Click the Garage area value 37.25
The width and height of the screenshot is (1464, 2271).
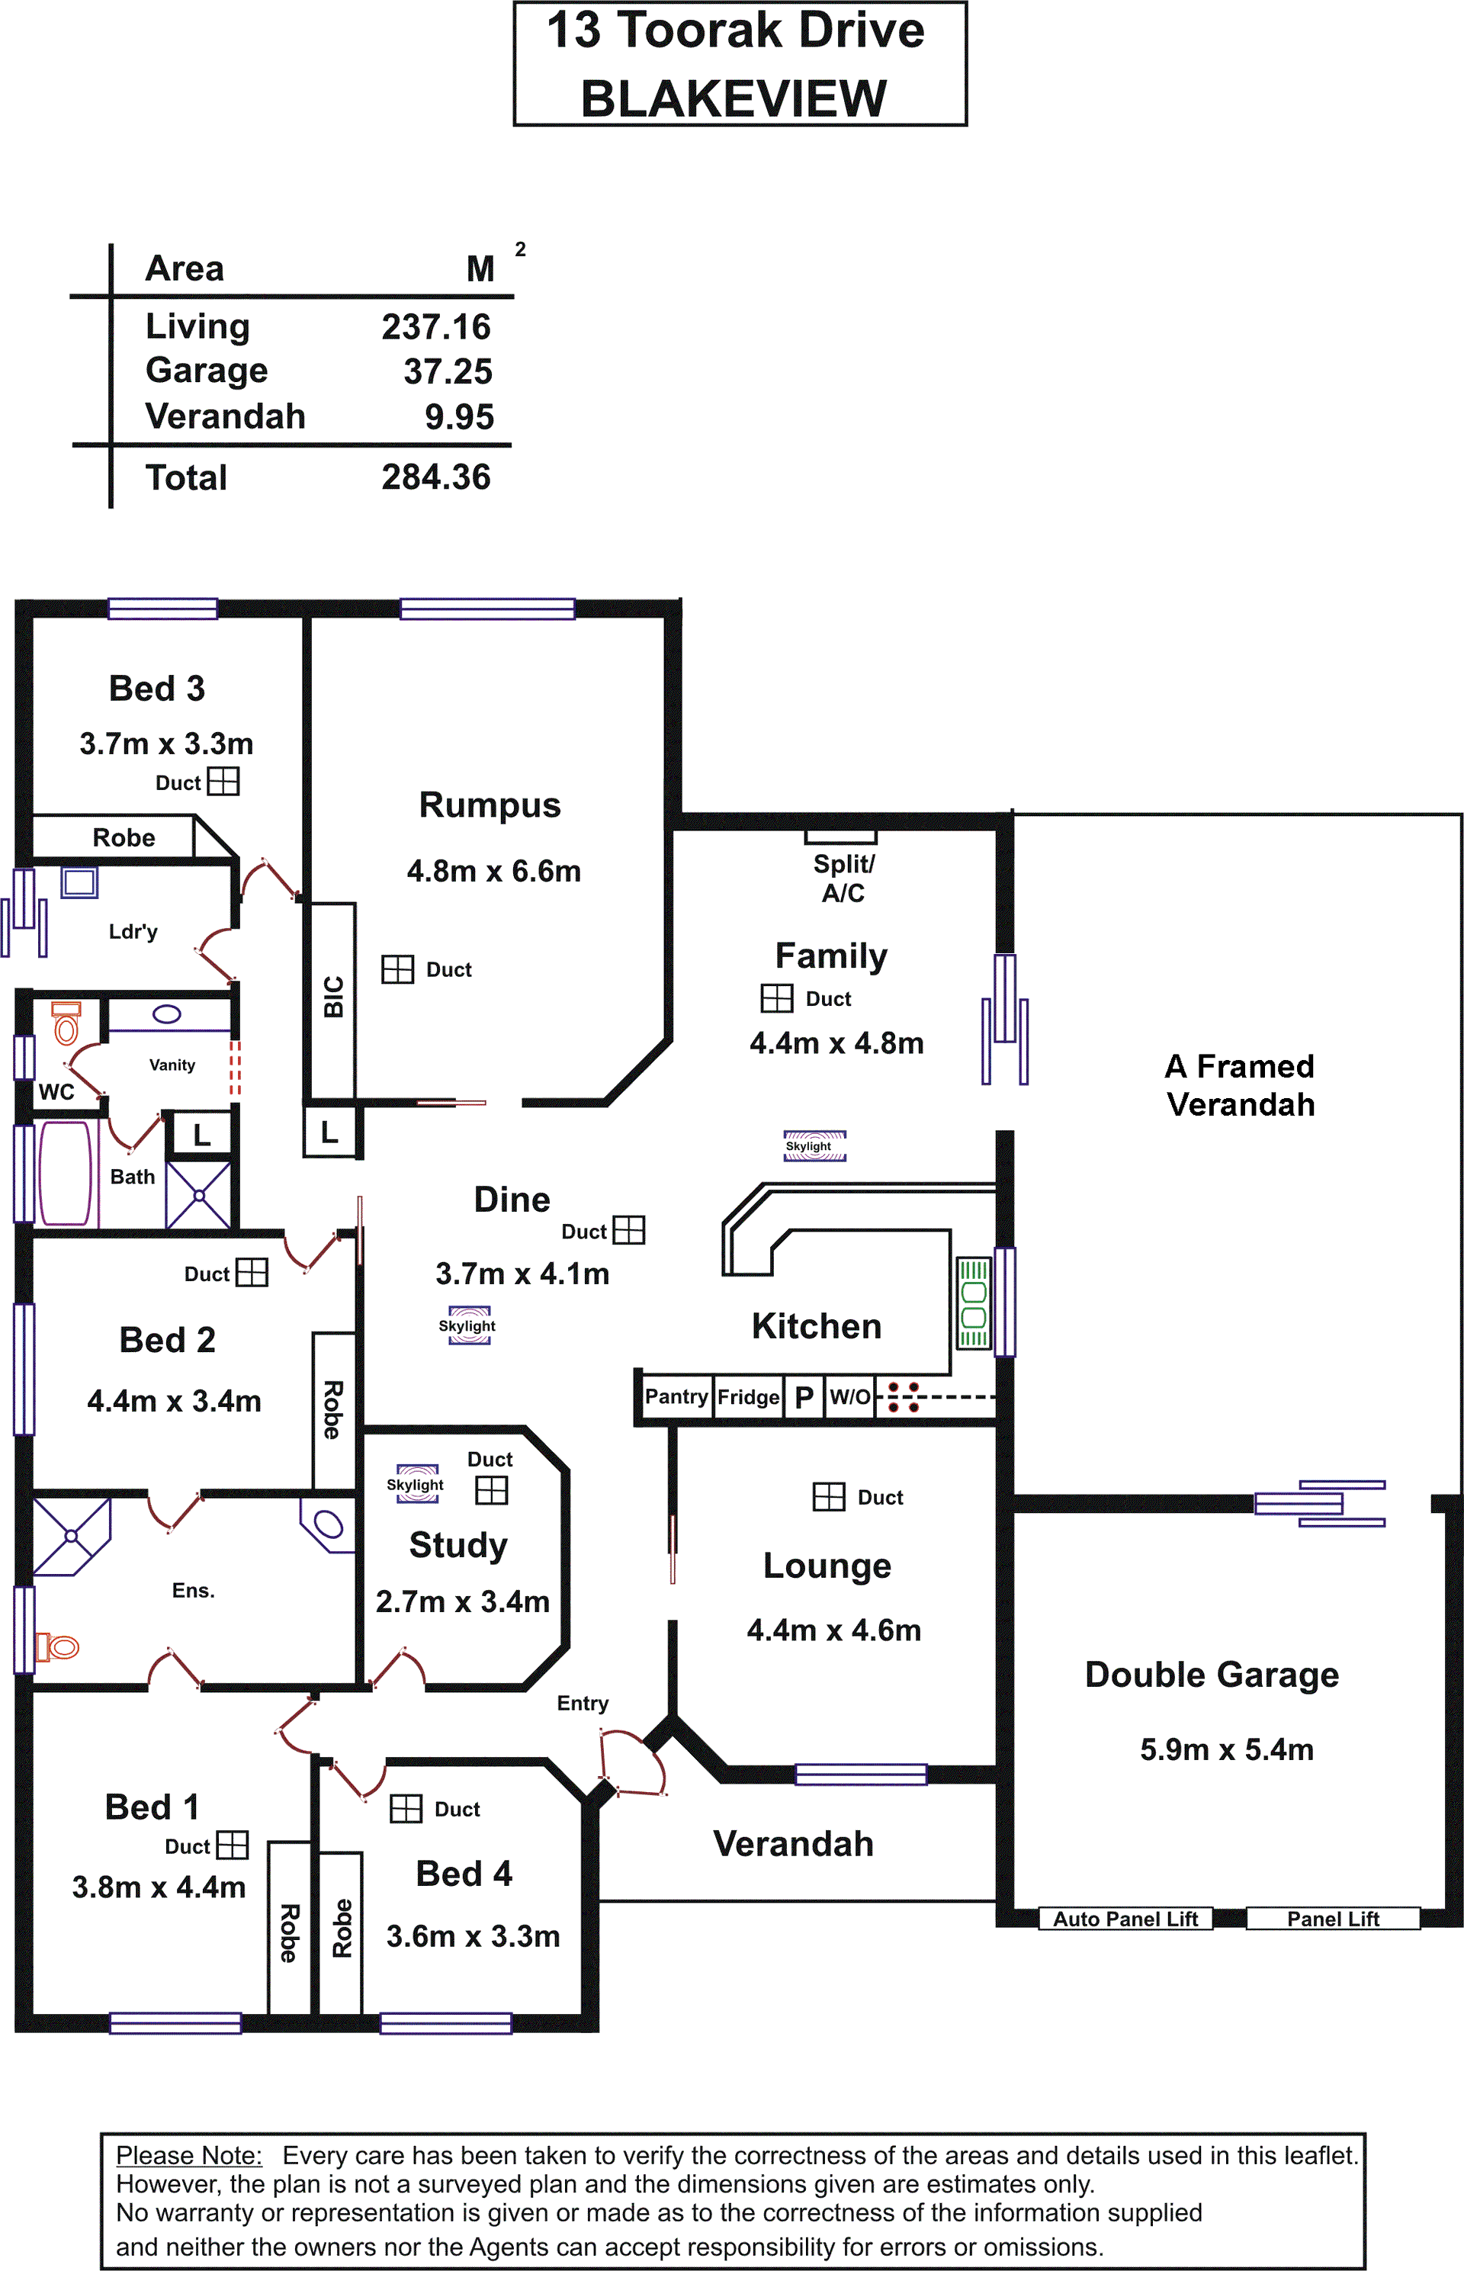click(x=448, y=371)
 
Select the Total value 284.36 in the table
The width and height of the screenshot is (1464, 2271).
click(x=436, y=477)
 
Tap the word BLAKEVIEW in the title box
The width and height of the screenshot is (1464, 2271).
click(x=734, y=98)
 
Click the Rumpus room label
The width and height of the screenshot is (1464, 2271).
click(x=490, y=805)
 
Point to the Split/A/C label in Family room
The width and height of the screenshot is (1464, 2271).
click(x=843, y=879)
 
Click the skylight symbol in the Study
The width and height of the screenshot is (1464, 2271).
click(x=416, y=1483)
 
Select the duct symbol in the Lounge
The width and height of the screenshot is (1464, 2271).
click(x=828, y=1496)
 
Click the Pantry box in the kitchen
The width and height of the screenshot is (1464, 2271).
click(x=676, y=1396)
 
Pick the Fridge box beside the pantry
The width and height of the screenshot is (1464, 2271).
click(x=748, y=1396)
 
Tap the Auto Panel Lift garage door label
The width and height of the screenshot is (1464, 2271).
click(x=1125, y=1919)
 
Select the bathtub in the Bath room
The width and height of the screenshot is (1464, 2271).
click(x=65, y=1173)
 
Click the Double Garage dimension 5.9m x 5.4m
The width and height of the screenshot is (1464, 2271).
click(x=1226, y=1749)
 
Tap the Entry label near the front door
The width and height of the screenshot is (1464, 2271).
click(x=583, y=1703)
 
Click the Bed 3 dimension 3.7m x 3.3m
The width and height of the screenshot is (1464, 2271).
click(x=166, y=744)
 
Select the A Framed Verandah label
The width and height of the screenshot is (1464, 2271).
click(x=1241, y=1084)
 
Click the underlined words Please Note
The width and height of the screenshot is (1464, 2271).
click(x=189, y=2155)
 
